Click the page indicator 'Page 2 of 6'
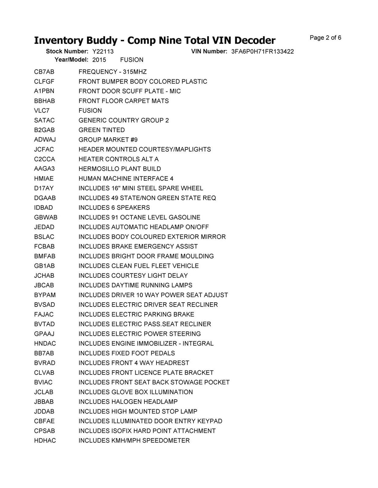click(x=325, y=38)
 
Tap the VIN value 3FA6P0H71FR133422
click(x=262, y=52)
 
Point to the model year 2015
click(x=99, y=60)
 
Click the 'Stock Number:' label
click(x=67, y=51)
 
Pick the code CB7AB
click(x=44, y=72)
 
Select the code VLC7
click(x=42, y=111)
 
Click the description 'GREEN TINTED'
click(x=101, y=130)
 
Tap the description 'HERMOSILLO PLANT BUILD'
click(x=119, y=169)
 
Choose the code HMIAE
click(x=44, y=178)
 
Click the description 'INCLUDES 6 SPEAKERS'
click(x=114, y=208)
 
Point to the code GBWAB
click(x=46, y=217)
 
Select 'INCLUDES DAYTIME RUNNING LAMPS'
click(x=135, y=285)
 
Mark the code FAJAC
click(x=44, y=314)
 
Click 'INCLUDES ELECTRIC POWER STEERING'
click(x=140, y=334)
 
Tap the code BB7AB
click(x=44, y=353)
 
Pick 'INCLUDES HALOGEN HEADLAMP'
click(x=128, y=402)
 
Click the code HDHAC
click(x=45, y=440)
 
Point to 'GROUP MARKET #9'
click(x=108, y=140)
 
